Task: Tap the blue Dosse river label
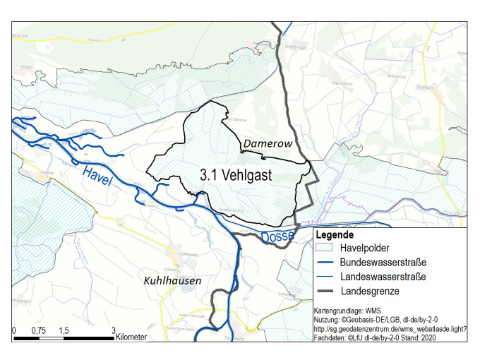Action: tap(276, 237)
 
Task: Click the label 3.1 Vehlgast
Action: tap(236, 174)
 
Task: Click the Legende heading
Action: tap(334, 235)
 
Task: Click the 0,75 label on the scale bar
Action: tap(38, 331)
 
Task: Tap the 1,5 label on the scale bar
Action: tap(64, 331)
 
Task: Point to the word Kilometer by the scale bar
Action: tap(133, 337)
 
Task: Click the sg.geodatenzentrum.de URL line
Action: tap(390, 329)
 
